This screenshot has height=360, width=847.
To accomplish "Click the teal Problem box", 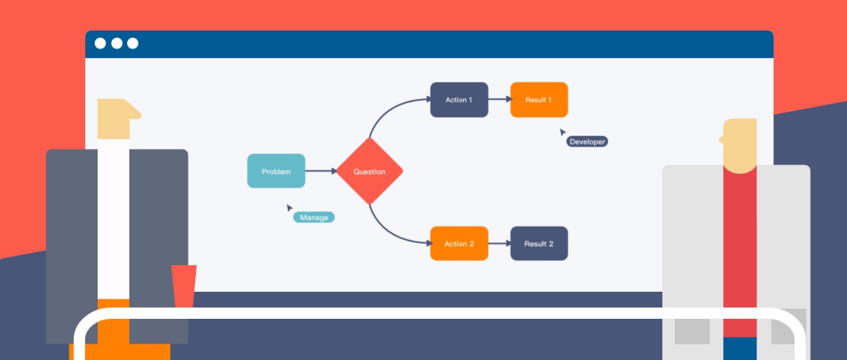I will coord(276,171).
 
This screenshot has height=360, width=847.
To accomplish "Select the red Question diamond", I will coord(369,171).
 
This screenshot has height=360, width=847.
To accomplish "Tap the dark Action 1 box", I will coord(459,99).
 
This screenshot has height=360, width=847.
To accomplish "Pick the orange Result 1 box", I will coord(539,99).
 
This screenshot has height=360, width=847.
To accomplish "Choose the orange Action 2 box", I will coord(459,244).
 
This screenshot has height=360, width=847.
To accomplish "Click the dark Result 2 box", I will coord(539,244).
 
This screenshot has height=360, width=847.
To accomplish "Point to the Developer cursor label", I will coord(587,142).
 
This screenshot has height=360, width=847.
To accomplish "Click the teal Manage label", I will coord(314,217).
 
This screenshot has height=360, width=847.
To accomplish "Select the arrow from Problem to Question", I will coord(321,171).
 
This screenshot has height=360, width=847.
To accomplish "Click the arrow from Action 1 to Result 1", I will coord(499,99).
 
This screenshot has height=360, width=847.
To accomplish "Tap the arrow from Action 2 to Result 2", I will coord(499,244).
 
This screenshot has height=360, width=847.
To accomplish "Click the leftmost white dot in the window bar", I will coord(101,44).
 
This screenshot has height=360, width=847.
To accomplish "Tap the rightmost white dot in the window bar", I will coord(133,44).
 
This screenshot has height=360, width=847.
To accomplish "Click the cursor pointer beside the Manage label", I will coord(289,208).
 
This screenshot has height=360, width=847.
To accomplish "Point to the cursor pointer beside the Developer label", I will coord(562,132).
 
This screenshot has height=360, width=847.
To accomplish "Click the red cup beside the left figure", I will coord(184,285).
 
